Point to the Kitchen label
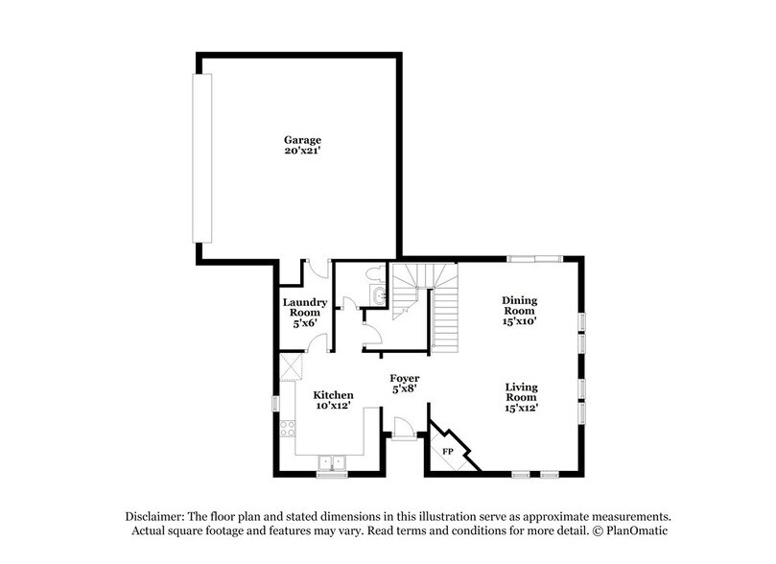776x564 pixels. click(x=334, y=395)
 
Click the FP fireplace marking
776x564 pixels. click(x=447, y=451)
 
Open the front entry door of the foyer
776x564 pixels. click(x=403, y=429)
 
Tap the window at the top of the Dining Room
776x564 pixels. click(x=535, y=257)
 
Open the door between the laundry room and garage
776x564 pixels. click(x=316, y=270)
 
